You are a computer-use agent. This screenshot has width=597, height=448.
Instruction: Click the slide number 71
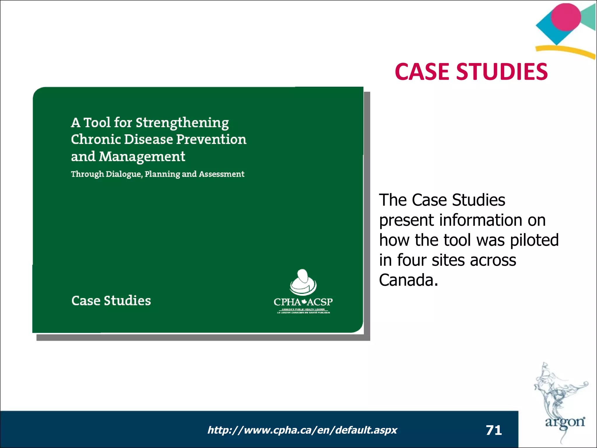point(494,430)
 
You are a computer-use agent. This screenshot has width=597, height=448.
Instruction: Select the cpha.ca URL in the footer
point(302,430)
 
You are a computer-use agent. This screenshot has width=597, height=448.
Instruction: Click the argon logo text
point(565,422)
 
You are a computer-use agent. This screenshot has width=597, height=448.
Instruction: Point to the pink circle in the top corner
point(566,17)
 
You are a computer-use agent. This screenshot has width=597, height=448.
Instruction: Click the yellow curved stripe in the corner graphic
point(566,51)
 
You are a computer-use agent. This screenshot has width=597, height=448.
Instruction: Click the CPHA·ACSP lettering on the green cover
point(303,302)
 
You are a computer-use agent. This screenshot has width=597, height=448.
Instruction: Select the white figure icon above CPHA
point(303,281)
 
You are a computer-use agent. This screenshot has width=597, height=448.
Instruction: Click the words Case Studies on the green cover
point(111,301)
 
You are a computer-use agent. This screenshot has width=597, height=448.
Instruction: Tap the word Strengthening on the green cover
point(182,123)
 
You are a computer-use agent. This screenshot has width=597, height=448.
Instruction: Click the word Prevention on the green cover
point(211,139)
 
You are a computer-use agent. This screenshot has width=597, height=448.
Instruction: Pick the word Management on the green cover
point(142,157)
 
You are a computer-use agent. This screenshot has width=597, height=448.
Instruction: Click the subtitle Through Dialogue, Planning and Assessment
point(157,174)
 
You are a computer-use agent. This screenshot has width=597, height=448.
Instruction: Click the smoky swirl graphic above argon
point(554,391)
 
